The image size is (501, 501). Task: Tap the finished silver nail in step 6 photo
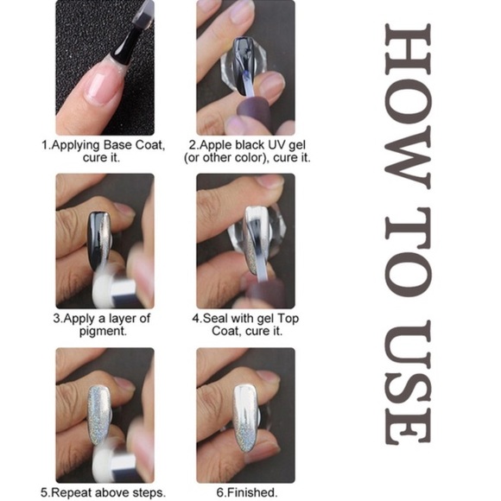(245, 415)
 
